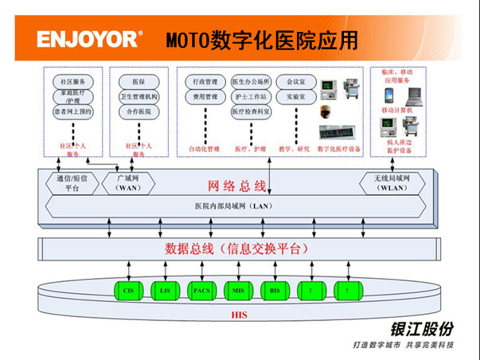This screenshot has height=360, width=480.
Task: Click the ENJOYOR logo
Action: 89,38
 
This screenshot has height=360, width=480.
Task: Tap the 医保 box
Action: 139,82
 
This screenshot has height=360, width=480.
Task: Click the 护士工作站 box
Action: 251,96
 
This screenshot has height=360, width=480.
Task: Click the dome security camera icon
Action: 326,111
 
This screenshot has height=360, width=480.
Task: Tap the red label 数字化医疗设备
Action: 338,148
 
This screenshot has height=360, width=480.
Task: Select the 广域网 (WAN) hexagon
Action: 128,182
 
